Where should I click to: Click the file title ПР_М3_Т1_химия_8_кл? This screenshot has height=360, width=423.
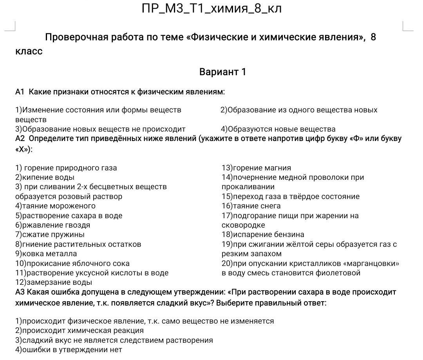[211, 9]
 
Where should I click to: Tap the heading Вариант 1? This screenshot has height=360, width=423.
[222, 72]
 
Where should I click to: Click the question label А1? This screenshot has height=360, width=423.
[20, 92]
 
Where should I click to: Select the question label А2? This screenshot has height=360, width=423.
[20, 139]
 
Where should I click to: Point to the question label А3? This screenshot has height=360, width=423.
[20, 292]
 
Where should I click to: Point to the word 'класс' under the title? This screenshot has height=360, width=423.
[29, 51]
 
